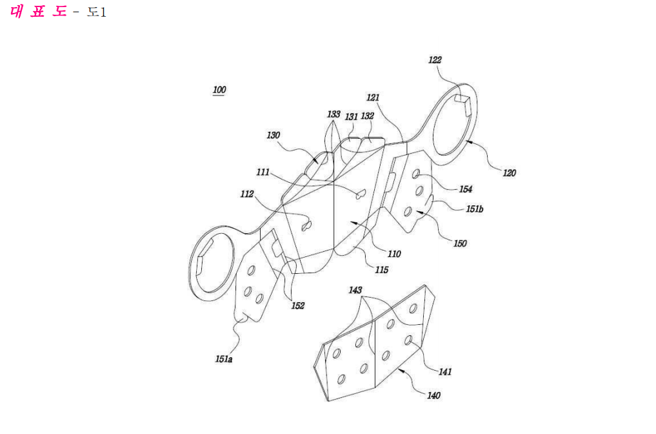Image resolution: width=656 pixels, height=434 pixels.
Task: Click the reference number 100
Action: point(219,90)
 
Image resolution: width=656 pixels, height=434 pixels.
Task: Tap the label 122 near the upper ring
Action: point(435,60)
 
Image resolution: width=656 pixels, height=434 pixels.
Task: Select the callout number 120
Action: point(509,172)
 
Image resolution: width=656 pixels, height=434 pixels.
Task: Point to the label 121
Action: point(373,98)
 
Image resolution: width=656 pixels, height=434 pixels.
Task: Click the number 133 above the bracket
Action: point(333,114)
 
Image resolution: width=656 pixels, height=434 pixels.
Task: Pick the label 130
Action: point(273,135)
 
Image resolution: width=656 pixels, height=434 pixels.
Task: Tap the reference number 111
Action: point(263,172)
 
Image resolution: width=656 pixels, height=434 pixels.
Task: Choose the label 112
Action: point(247,194)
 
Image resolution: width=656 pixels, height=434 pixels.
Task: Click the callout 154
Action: point(466,189)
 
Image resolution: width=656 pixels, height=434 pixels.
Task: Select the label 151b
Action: point(475,209)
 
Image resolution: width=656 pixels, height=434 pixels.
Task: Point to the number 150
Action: point(460,243)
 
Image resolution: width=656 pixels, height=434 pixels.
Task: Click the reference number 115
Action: point(382,270)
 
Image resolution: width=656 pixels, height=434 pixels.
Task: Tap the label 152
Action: point(298,306)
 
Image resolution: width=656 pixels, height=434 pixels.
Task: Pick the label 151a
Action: point(224,359)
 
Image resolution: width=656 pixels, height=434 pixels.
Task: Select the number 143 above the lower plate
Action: point(355,290)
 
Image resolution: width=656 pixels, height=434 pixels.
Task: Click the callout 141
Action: point(445,371)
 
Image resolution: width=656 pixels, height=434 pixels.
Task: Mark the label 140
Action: point(433,395)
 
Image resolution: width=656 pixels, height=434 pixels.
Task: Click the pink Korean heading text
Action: point(38,11)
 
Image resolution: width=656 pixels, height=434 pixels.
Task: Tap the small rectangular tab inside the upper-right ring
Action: point(463,103)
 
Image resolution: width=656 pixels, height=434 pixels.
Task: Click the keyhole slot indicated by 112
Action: point(307,226)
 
